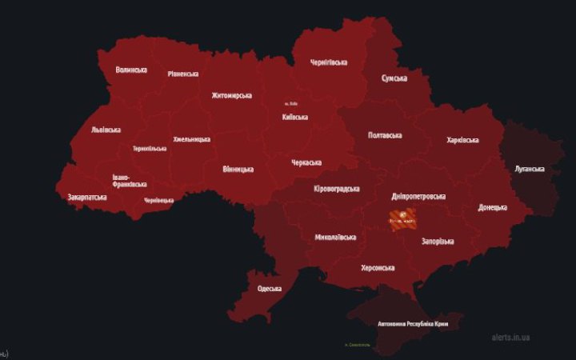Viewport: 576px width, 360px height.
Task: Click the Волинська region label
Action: (131, 70)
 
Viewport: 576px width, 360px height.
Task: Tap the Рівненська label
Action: (183, 74)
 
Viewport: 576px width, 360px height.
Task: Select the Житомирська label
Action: (231, 95)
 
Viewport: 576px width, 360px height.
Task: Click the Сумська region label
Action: (394, 78)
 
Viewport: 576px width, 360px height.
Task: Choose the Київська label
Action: (295, 117)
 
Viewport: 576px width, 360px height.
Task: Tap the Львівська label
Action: (106, 129)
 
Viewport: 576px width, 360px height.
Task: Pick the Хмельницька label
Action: (192, 139)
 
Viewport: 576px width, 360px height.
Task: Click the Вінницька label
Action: (238, 169)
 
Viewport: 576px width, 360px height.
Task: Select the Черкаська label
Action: (306, 162)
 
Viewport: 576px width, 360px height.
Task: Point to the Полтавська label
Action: (385, 135)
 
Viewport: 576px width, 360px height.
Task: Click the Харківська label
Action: (462, 140)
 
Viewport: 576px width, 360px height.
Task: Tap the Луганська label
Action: (528, 169)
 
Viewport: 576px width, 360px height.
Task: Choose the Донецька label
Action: (492, 207)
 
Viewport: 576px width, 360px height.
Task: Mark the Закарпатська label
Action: (88, 196)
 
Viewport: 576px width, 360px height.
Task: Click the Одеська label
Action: (269, 289)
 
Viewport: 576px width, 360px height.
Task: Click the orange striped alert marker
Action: (402, 218)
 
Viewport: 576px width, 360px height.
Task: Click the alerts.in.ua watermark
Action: (510, 337)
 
